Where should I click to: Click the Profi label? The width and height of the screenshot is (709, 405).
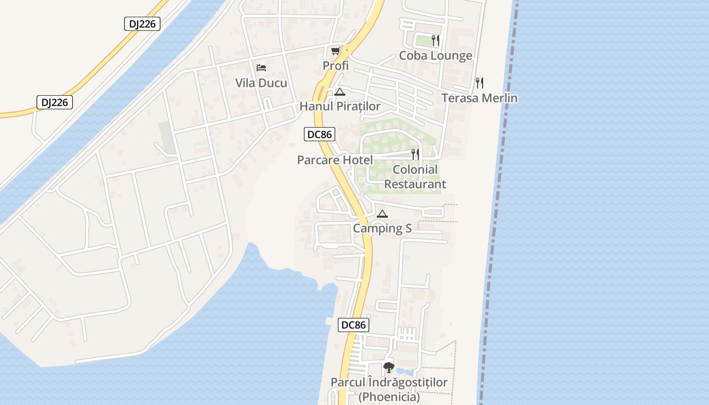click(336, 66)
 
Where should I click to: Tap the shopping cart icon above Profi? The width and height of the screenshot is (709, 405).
click(335, 51)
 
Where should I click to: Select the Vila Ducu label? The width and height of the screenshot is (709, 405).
click(261, 83)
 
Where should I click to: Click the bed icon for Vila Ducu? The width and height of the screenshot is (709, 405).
click(261, 68)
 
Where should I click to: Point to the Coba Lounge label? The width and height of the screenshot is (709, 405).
click(436, 56)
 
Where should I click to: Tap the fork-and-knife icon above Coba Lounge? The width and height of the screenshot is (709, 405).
click(436, 40)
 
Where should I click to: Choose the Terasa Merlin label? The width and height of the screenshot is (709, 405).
click(479, 98)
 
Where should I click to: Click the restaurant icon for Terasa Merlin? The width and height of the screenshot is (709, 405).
click(479, 83)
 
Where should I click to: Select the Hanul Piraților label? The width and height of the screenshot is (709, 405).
click(340, 106)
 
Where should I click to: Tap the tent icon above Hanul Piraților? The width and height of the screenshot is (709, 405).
click(339, 92)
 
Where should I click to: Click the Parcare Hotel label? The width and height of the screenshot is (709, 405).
click(335, 160)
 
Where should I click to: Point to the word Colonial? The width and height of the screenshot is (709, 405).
click(415, 170)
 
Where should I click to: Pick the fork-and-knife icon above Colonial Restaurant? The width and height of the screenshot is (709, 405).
click(415, 154)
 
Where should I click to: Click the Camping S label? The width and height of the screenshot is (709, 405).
click(382, 228)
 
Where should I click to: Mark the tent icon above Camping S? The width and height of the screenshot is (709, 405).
click(382, 214)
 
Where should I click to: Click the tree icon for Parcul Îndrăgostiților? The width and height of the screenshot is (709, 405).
click(388, 368)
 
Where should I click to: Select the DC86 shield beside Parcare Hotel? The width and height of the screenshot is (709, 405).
click(319, 134)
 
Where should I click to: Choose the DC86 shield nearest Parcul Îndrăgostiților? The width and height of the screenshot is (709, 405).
click(353, 325)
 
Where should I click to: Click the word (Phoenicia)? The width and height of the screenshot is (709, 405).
click(389, 397)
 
